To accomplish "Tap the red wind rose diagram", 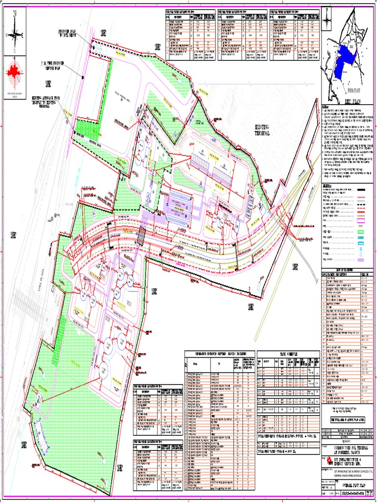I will click(14, 73).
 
